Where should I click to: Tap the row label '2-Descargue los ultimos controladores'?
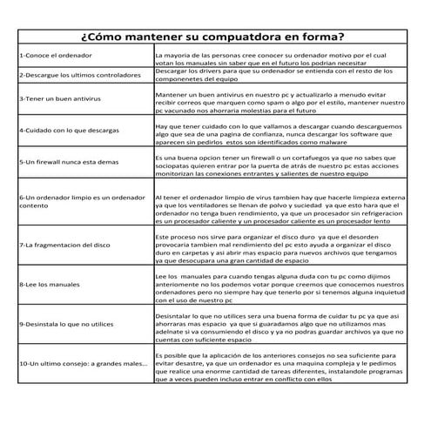tap(79, 75)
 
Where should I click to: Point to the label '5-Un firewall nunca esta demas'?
tap(69, 162)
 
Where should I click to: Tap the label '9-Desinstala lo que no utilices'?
tap(66, 324)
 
